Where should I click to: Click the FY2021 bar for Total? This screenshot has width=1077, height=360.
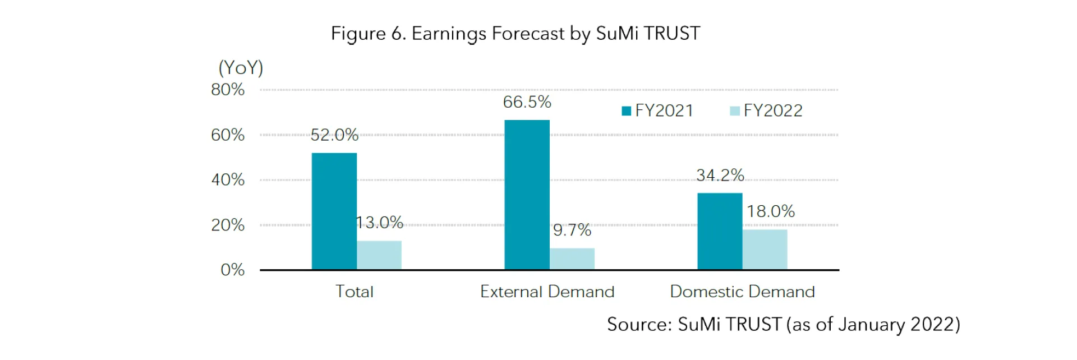(x=334, y=211)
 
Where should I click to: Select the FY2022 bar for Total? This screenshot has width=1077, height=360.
(x=379, y=255)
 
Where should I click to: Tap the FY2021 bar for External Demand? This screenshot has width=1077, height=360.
(x=527, y=195)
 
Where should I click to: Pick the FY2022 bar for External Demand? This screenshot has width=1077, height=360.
(x=572, y=259)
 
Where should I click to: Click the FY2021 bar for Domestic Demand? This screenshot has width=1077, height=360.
(x=720, y=231)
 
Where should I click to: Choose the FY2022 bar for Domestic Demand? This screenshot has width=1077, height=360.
(x=765, y=250)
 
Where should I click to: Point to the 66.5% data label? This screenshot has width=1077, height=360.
(x=527, y=102)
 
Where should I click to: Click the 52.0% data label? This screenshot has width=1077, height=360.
(x=334, y=135)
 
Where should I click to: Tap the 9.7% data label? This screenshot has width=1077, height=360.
(x=572, y=230)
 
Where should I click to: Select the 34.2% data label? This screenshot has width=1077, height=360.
(x=720, y=175)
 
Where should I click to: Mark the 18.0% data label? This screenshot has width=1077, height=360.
(x=770, y=211)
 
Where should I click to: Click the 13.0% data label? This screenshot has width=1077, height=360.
(x=380, y=223)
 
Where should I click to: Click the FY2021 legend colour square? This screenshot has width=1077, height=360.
(x=627, y=111)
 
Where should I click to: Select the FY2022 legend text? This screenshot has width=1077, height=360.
(x=772, y=110)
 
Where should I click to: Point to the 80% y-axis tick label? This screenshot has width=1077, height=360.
(x=228, y=90)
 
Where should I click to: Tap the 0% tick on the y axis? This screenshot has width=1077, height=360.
(x=232, y=270)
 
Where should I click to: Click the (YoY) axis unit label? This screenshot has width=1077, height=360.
(x=241, y=68)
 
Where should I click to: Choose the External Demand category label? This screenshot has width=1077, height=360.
(x=547, y=292)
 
